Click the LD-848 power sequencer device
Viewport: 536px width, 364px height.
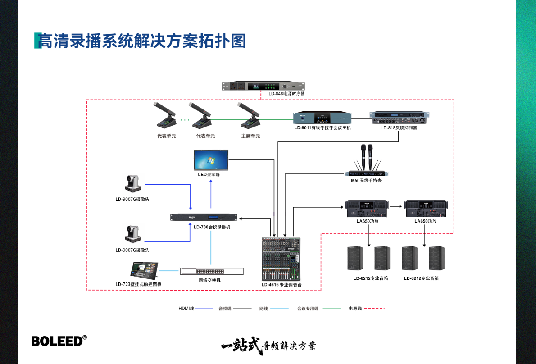pyautogui.click(x=263, y=86)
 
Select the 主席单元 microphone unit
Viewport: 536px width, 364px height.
pyautogui.click(x=251, y=117)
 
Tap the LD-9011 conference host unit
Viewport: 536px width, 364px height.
pyautogui.click(x=323, y=118)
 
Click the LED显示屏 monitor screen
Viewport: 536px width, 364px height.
pyautogui.click(x=211, y=160)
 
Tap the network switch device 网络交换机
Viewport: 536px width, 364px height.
pyautogui.click(x=211, y=271)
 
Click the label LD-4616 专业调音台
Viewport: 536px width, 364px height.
pyautogui.click(x=282, y=285)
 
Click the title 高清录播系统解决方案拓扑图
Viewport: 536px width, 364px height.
pyautogui.click(x=142, y=41)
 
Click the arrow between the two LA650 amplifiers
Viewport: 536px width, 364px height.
pyautogui.click(x=396, y=206)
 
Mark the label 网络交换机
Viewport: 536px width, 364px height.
pyautogui.click(x=210, y=280)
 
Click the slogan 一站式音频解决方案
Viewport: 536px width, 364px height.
pyautogui.click(x=268, y=346)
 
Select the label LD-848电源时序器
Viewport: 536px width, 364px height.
pyautogui.click(x=287, y=94)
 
